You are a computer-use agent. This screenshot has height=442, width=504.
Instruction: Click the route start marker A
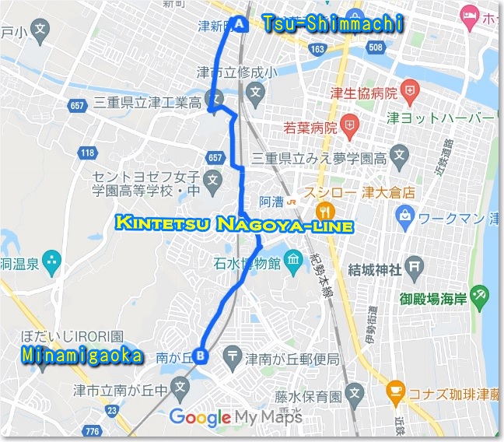pos(239,24)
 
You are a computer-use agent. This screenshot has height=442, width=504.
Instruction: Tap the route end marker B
pos(201,356)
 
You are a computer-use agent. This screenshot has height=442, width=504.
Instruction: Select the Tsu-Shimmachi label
pos(333,24)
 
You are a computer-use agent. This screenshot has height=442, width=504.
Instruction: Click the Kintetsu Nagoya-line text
pos(234,225)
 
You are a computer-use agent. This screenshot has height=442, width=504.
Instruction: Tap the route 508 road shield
pos(376,49)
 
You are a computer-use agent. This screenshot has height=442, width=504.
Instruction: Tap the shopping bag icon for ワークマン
pos(403,213)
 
